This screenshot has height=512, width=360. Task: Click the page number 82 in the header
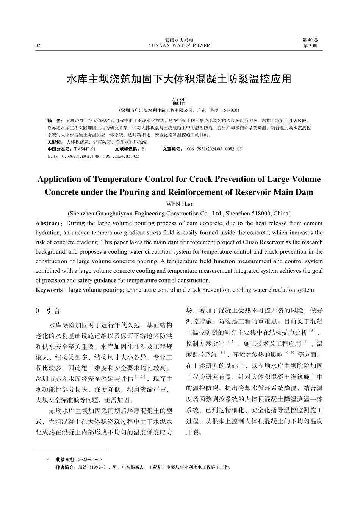click(x=38, y=46)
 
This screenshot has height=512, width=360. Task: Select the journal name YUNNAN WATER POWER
click(x=179, y=46)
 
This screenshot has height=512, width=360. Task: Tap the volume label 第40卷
click(x=310, y=40)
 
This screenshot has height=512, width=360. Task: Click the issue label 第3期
click(x=310, y=46)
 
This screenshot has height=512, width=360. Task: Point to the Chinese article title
click(x=179, y=79)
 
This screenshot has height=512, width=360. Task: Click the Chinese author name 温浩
click(x=179, y=101)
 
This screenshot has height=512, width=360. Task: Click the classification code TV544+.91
click(x=85, y=149)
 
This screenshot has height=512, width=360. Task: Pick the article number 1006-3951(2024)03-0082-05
click(x=213, y=149)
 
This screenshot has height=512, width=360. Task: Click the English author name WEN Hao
click(x=179, y=204)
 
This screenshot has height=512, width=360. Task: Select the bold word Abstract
click(x=48, y=223)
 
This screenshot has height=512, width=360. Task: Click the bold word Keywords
click(x=49, y=290)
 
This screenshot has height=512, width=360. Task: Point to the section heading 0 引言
click(x=48, y=311)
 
